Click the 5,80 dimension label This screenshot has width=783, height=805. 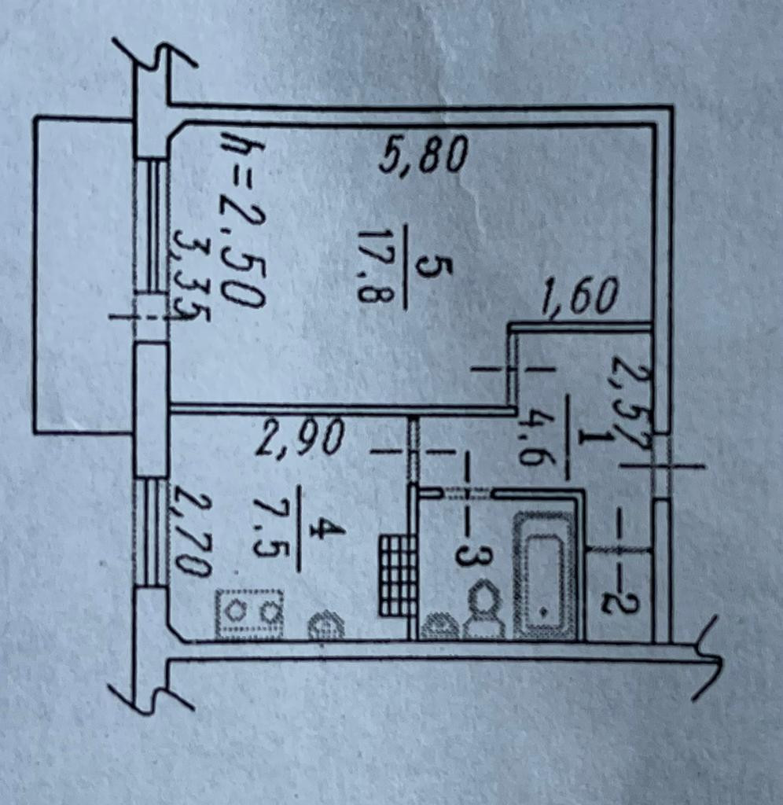[x=423, y=155]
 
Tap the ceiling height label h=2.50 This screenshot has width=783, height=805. [x=241, y=222]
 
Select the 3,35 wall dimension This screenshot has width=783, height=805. [x=189, y=277]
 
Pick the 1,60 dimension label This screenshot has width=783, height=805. [x=579, y=298]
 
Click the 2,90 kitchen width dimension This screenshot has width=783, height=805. [x=300, y=437]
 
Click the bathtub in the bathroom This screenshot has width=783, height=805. [x=545, y=575]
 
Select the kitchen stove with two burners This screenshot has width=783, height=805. [x=249, y=612]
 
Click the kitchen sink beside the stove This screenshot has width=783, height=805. [x=325, y=625]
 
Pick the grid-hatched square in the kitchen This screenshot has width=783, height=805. [x=397, y=575]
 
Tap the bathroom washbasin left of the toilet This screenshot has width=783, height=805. [x=440, y=627]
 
